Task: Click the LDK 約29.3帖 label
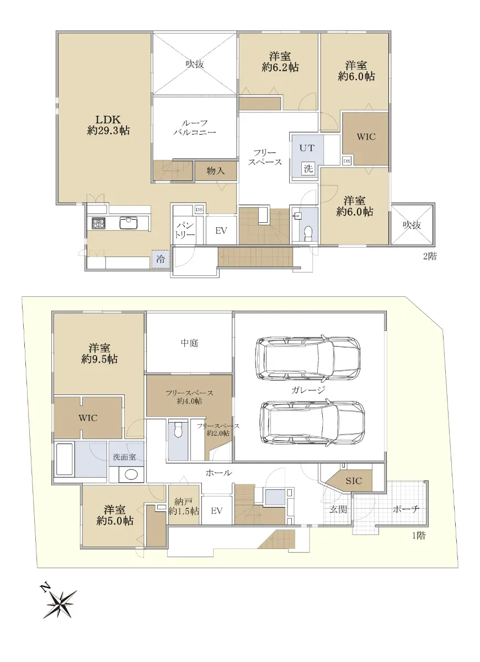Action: pyautogui.click(x=108, y=125)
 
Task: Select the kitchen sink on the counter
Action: pyautogui.click(x=129, y=223)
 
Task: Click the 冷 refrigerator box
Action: pyautogui.click(x=161, y=259)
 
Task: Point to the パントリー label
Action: pyautogui.click(x=184, y=230)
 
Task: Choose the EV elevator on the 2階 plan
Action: pyautogui.click(x=221, y=231)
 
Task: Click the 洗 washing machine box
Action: pyautogui.click(x=308, y=168)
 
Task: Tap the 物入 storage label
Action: pyautogui.click(x=216, y=171)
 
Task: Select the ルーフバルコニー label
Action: pyautogui.click(x=194, y=127)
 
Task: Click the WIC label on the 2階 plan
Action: pyautogui.click(x=366, y=137)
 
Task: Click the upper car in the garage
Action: pyautogui.click(x=308, y=358)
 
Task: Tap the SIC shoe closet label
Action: pyautogui.click(x=354, y=481)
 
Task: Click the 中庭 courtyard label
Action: pyautogui.click(x=189, y=343)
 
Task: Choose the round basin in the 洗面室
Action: pyautogui.click(x=131, y=474)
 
